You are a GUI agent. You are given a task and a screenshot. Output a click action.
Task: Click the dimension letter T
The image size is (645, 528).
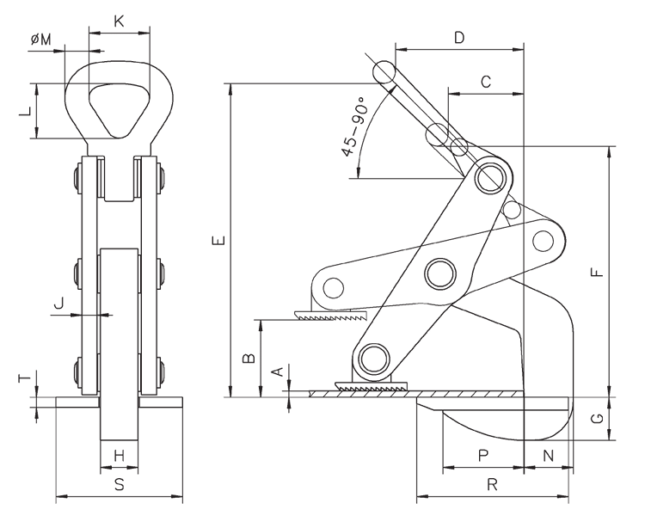(x=25, y=378)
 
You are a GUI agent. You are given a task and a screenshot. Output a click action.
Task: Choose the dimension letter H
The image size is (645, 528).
(x=120, y=455)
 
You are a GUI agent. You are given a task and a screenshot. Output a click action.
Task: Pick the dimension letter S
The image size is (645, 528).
(x=120, y=485)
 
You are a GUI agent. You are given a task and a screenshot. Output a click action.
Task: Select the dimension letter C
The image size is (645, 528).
(x=485, y=82)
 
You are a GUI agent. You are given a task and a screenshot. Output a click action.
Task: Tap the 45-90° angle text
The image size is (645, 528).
(x=353, y=126)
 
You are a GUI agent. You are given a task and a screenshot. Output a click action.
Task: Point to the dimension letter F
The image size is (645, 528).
(x=598, y=273)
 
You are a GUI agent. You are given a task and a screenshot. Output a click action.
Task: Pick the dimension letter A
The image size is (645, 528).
(x=276, y=371)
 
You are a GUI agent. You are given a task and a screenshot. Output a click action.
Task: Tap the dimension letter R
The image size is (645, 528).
(x=492, y=485)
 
